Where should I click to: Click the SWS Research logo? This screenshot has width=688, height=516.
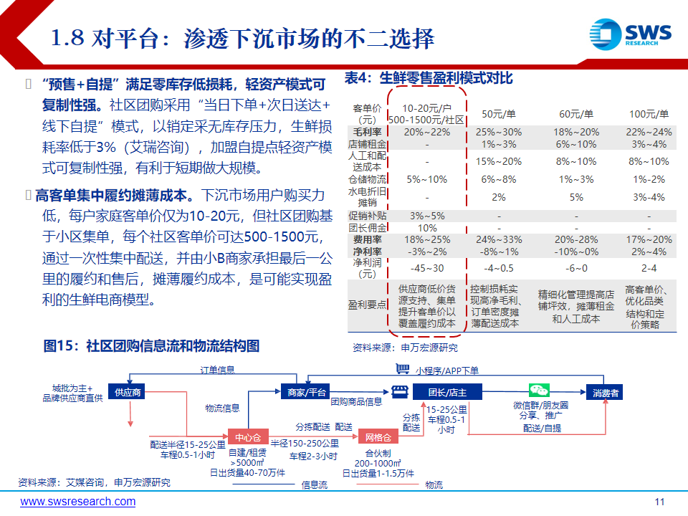point(630,34)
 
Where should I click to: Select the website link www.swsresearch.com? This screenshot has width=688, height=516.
point(77,502)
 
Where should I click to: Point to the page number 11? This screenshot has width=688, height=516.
point(659,502)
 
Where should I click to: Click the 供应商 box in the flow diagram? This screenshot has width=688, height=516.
point(127,392)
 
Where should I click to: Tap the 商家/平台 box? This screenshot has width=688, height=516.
point(305,392)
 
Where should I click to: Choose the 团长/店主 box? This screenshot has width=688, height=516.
point(447,392)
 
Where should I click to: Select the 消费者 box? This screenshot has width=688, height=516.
point(605,393)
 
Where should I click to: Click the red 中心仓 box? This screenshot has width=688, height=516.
point(248,437)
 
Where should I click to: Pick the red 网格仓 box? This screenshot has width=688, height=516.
point(378,437)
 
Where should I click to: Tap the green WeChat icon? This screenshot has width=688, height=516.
point(539,390)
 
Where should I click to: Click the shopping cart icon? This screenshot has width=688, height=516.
point(402,368)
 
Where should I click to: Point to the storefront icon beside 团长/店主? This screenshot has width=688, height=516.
point(399,391)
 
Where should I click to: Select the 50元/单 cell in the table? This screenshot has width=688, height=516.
point(499,114)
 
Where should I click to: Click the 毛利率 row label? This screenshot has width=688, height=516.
point(367,132)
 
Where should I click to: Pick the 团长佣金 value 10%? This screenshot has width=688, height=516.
point(427,228)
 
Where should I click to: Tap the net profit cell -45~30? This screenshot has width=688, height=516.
point(427,268)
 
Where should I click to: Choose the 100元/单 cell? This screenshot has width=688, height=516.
point(649,114)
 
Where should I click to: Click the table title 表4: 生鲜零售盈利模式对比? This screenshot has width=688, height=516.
point(429,78)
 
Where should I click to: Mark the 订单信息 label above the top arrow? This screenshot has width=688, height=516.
point(217,370)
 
